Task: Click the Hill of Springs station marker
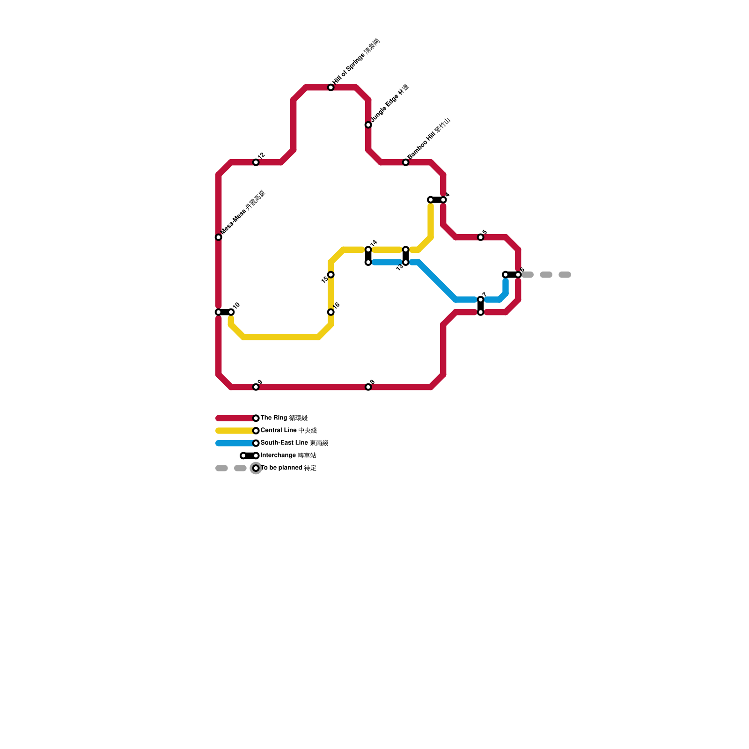tap(331, 88)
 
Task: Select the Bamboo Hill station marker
tap(406, 162)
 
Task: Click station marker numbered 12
tap(256, 162)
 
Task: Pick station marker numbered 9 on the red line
tap(256, 387)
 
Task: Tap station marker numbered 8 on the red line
tap(368, 387)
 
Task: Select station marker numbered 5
tap(481, 237)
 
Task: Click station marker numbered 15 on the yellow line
tap(331, 275)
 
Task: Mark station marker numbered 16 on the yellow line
tap(331, 312)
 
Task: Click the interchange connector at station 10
tap(225, 312)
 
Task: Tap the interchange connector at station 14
tap(368, 256)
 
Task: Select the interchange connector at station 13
tap(406, 256)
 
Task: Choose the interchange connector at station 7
tap(481, 306)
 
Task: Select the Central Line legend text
tap(289, 431)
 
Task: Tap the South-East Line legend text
tap(294, 443)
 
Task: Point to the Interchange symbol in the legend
tap(250, 455)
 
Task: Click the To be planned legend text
tap(288, 468)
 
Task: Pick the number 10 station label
tap(236, 306)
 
